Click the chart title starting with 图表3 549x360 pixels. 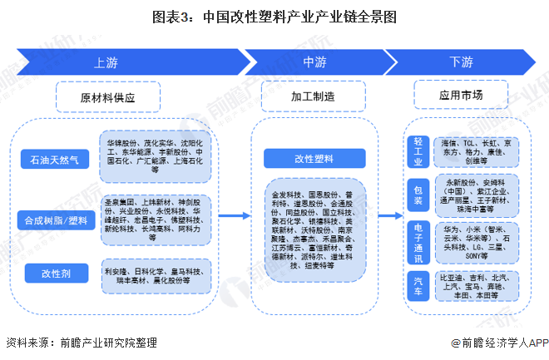tap(274, 16)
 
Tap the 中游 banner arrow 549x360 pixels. tap(314, 61)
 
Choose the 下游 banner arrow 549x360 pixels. tap(462, 61)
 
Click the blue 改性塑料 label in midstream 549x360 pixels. tap(314, 157)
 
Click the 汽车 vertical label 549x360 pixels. tap(418, 287)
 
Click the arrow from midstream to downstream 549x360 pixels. tap(389, 216)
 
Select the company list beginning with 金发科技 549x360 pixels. tap(314, 229)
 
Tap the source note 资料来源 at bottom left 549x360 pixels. tap(81, 342)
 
